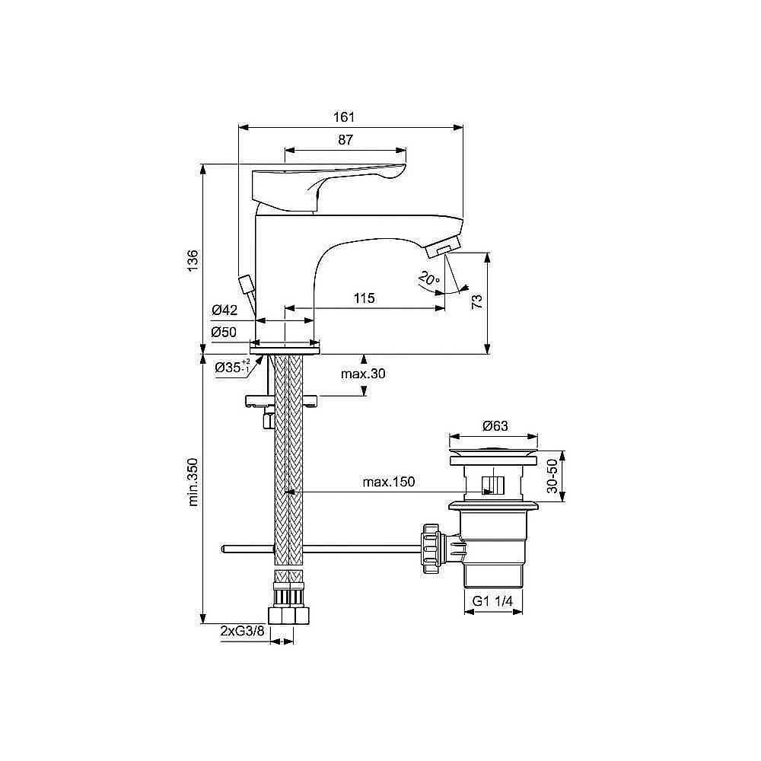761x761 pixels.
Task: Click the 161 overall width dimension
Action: click(344, 117)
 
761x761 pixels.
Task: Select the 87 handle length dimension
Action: click(345, 140)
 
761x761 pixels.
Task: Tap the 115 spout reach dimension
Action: click(364, 298)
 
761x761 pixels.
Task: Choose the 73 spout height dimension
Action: click(476, 301)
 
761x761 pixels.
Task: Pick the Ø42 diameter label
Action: click(225, 310)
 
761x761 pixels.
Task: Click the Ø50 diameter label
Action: click(225, 332)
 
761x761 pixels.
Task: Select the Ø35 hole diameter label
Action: click(232, 367)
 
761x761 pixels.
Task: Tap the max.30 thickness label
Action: click(364, 374)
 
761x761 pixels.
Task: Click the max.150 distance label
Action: click(388, 482)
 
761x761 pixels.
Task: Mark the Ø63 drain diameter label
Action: click(494, 426)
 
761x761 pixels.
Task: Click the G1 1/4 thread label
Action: click(493, 601)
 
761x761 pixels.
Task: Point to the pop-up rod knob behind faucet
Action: click(245, 285)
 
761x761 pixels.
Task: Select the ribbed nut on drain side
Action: click(429, 546)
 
